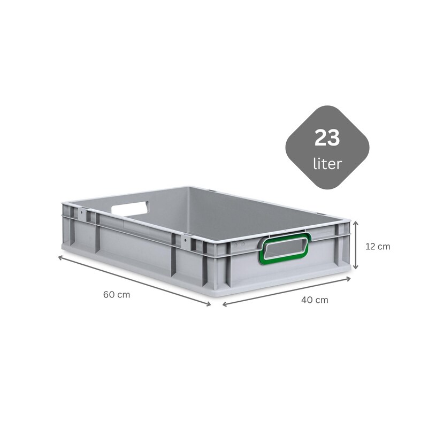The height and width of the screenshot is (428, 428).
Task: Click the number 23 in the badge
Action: (x=327, y=138)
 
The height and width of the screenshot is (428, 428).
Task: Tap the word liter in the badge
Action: (x=327, y=164)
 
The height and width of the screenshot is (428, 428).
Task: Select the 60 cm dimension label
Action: (x=117, y=295)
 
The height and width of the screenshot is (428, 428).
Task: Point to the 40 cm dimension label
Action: (x=315, y=300)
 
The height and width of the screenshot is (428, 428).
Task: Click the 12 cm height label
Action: (x=378, y=247)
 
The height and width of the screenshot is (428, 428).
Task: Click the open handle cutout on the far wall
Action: (x=130, y=209)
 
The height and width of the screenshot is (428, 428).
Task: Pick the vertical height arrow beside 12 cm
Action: (x=355, y=245)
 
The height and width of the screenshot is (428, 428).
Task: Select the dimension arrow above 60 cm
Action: (x=135, y=280)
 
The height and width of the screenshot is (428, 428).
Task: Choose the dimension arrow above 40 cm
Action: (x=287, y=292)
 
